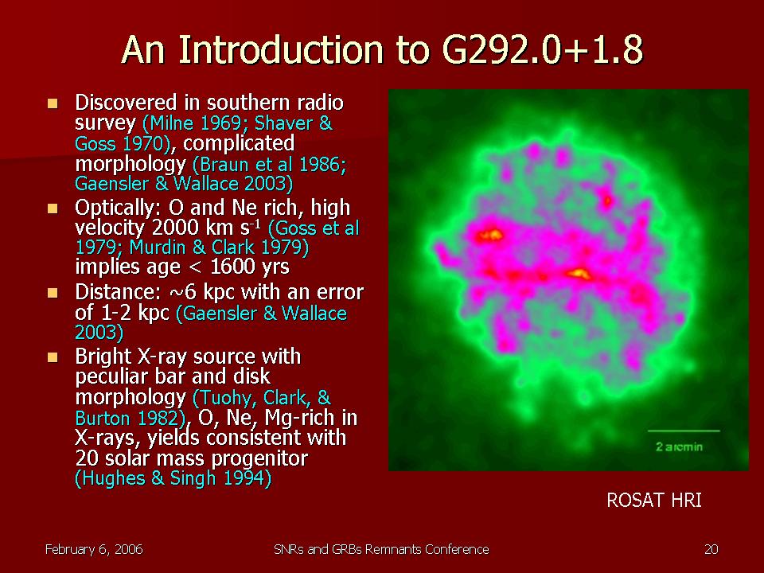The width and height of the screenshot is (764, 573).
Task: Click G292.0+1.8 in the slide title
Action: (542, 49)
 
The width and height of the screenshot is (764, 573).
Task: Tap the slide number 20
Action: (711, 550)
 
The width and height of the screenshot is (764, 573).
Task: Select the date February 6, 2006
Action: (94, 550)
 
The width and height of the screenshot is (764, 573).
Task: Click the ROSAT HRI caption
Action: (654, 501)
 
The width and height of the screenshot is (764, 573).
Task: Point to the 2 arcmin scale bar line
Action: (684, 431)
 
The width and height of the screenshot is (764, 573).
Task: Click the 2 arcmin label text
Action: (679, 446)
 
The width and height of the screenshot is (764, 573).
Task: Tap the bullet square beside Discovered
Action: (53, 103)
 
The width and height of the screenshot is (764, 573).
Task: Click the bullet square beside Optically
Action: (53, 209)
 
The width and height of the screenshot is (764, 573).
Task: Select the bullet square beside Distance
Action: (53, 293)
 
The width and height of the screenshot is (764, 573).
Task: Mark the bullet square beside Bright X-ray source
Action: (53, 357)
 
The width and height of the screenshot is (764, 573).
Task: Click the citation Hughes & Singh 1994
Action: (173, 478)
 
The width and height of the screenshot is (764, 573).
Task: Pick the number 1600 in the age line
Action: (233, 267)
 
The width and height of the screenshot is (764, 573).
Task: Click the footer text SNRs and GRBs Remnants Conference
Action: (381, 550)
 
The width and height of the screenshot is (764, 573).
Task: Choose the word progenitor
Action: (262, 458)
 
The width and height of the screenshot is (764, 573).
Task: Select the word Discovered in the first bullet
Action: (126, 103)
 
